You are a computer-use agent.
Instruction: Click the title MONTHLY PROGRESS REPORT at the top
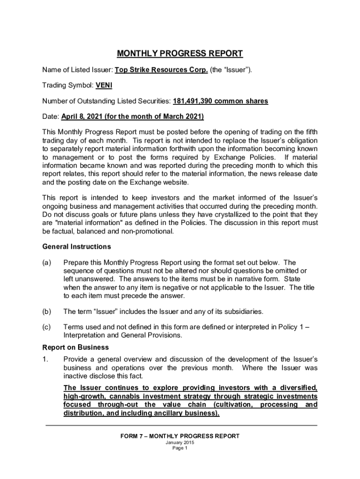pos(180,53)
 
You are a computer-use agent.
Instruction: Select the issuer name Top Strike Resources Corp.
pos(161,70)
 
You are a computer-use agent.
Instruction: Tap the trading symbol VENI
pos(104,86)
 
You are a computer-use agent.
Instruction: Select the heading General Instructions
pos(76,247)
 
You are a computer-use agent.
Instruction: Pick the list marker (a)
pos(47,263)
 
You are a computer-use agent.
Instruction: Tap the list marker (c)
pos(47,327)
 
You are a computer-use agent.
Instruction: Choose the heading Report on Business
pos(75,348)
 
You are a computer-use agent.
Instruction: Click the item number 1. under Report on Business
pos(45,359)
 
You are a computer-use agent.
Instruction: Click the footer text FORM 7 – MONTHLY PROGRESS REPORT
pos(180,436)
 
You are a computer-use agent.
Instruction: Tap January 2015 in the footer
pos(180,443)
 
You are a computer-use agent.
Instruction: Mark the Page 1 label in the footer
pos(180,448)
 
